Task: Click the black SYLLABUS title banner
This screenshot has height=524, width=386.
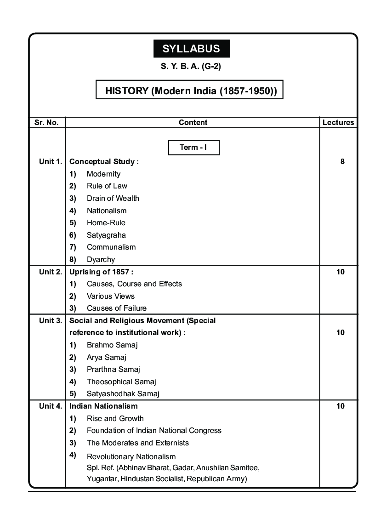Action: [x=191, y=49]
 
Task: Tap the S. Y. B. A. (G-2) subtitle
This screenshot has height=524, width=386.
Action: [x=191, y=66]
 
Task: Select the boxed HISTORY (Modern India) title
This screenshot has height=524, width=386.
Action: [x=189, y=90]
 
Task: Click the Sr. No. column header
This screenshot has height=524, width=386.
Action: [x=46, y=123]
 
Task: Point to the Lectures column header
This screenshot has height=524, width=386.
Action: [x=338, y=123]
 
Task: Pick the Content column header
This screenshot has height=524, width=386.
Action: [x=193, y=123]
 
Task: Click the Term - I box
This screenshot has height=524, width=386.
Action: [x=193, y=148]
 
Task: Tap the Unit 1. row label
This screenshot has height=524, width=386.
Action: [x=51, y=162]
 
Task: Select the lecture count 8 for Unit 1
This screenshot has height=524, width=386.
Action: [x=342, y=162]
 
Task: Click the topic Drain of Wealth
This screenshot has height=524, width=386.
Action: [x=113, y=199]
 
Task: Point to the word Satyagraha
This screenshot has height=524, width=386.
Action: [x=106, y=235]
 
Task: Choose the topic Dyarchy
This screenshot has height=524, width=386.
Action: [x=101, y=259]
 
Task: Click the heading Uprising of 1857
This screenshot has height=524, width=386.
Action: [x=101, y=272]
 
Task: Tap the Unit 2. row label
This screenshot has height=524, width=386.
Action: [x=51, y=272]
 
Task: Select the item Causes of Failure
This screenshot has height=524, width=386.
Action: [x=117, y=308]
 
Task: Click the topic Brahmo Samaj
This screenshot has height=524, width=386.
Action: [x=112, y=345]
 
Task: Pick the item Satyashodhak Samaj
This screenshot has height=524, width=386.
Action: [x=123, y=393]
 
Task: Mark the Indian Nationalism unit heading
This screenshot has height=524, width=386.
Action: [x=103, y=406]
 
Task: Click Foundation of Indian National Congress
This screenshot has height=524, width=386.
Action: [x=154, y=431]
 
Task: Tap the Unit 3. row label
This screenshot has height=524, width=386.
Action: [x=51, y=320]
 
